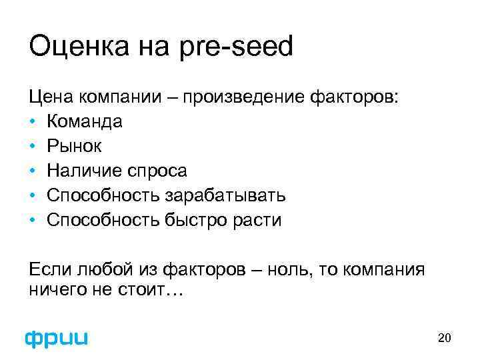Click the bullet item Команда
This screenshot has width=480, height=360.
point(84,122)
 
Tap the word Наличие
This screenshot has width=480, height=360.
point(79,171)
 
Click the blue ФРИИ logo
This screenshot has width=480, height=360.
point(57,338)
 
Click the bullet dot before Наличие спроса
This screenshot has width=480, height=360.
point(33,171)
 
